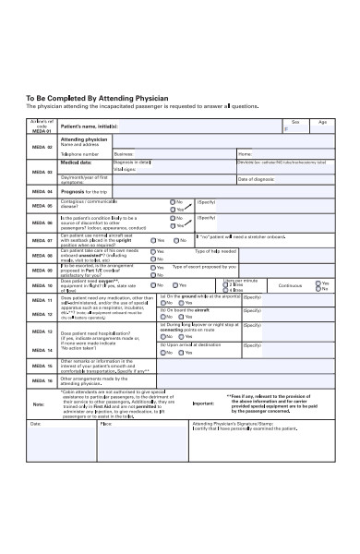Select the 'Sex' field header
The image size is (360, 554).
(294, 121)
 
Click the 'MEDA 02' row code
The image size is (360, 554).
(42, 147)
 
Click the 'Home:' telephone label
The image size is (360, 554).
(245, 153)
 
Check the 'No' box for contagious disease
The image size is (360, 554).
(172, 201)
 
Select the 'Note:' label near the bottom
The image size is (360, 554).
(38, 403)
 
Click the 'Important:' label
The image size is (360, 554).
(204, 403)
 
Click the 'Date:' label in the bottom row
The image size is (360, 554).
(35, 424)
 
